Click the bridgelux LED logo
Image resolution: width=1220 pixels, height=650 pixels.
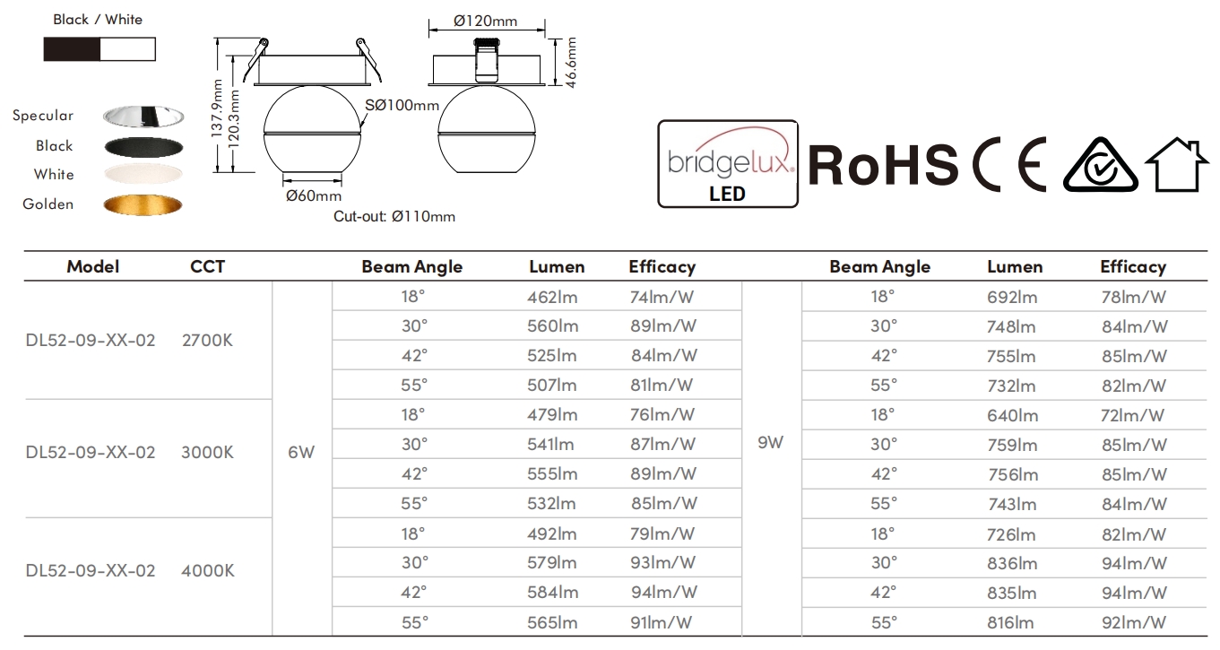point(728,163)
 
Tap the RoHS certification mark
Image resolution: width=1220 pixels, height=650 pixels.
point(883,165)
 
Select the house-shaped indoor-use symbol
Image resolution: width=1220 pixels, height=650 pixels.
point(1176,165)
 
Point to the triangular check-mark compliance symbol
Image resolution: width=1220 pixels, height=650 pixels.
point(1100,165)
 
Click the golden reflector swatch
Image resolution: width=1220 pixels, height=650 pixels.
point(143,204)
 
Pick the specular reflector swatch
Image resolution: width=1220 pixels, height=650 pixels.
point(143,116)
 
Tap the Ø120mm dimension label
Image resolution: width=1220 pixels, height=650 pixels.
point(485,21)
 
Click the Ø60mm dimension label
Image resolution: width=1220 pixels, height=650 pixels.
point(314,195)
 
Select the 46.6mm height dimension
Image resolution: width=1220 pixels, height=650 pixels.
point(570,62)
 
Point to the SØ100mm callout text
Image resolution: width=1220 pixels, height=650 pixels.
point(402,105)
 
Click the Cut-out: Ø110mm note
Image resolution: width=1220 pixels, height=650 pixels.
point(394,216)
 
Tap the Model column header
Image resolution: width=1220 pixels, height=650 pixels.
point(93,266)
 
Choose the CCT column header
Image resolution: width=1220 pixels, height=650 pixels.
point(207,266)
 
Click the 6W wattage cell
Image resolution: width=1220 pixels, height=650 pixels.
point(301,452)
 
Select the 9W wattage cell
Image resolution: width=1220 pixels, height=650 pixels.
point(771,442)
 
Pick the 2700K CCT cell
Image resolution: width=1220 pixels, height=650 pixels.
point(207,340)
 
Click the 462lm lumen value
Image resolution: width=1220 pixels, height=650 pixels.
point(552,297)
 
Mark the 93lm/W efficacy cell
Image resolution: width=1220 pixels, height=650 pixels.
point(662,562)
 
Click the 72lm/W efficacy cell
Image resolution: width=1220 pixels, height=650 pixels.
point(1132,415)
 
